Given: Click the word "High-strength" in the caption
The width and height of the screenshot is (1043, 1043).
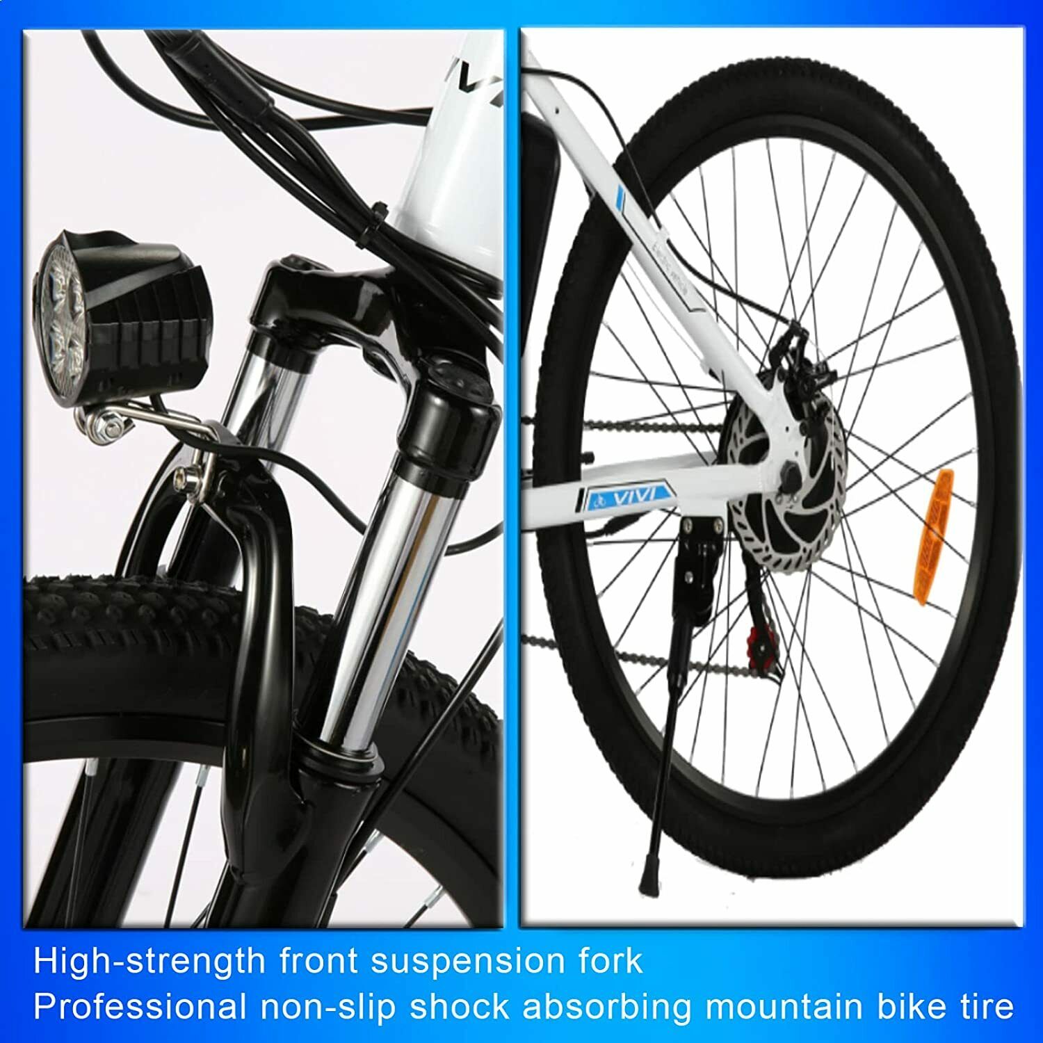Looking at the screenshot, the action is pyautogui.click(x=149, y=962).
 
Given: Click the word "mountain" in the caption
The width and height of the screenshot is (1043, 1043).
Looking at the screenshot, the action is pyautogui.click(x=791, y=1005).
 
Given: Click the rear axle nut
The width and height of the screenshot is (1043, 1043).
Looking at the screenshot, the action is pyautogui.click(x=793, y=476).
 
